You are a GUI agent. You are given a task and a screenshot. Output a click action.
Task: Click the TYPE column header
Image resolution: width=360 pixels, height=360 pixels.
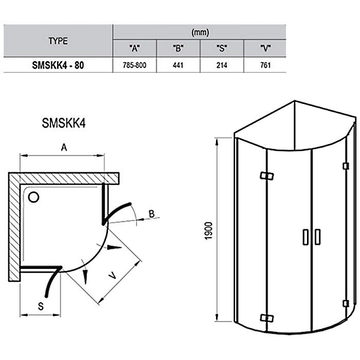click(x=58, y=41)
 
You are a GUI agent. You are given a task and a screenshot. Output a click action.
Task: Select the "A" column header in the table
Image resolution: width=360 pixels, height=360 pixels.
click(x=135, y=48)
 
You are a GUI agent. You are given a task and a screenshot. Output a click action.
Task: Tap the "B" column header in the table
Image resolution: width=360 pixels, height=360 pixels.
click(x=178, y=48)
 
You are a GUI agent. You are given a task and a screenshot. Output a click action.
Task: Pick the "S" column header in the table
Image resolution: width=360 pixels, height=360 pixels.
click(x=222, y=48)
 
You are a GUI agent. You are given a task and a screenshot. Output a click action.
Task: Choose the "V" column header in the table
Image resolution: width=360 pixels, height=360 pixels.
click(x=265, y=48)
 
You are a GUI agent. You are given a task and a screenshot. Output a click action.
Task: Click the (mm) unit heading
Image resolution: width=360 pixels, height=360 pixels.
click(x=200, y=32)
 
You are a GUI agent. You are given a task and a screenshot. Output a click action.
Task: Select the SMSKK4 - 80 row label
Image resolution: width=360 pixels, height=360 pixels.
click(x=58, y=65)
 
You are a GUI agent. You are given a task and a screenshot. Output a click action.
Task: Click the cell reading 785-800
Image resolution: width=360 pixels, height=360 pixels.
click(x=135, y=65)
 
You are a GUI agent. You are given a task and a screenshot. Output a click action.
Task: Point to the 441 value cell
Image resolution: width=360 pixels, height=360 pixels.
click(x=178, y=65)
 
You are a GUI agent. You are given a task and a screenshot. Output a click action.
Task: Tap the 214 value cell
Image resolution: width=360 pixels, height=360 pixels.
click(x=222, y=65)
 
